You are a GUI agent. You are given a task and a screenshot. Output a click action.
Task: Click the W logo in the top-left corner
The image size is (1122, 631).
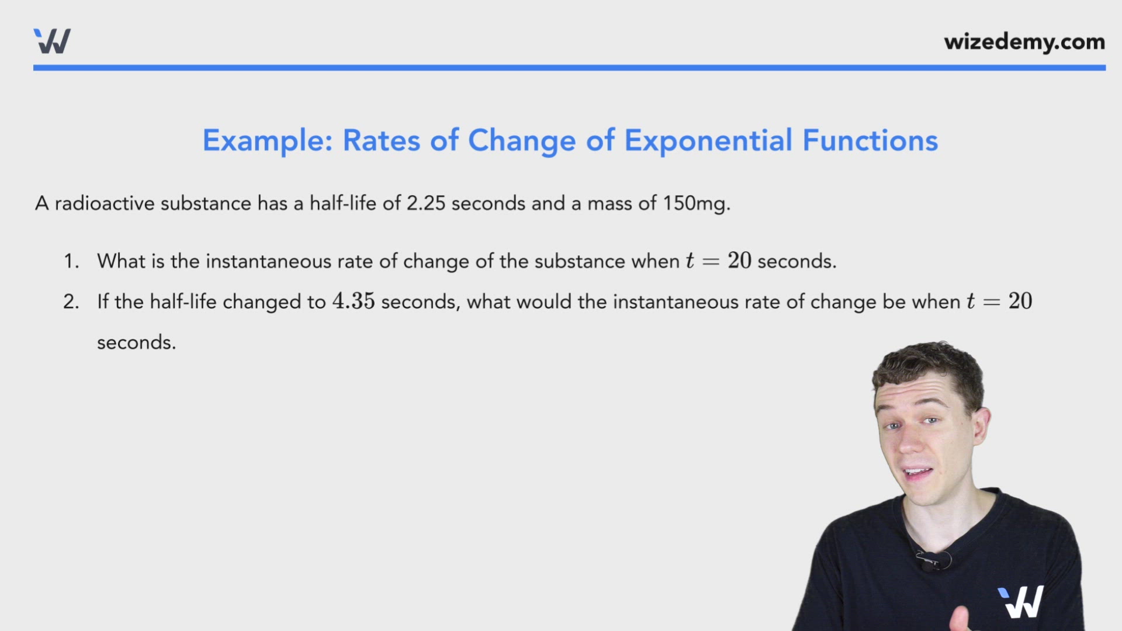52,41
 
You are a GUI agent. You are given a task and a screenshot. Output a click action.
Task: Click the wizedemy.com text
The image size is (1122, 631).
1024,41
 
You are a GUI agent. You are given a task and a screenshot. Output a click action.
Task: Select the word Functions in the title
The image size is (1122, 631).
870,141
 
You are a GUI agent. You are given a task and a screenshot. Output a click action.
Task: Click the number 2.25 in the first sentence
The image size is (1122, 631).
425,203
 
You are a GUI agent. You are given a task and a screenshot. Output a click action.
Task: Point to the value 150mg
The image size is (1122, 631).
695,203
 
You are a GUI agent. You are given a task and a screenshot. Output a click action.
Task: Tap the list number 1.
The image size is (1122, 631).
71,261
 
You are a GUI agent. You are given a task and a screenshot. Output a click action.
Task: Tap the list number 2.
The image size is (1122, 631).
71,302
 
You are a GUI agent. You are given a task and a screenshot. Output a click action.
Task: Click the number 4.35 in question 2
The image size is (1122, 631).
353,301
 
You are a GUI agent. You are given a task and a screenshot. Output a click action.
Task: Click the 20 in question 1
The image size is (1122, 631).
739,261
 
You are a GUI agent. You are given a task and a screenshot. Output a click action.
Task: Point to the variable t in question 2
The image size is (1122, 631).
971,301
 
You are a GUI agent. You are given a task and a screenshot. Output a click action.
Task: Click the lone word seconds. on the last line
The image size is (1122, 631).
136,342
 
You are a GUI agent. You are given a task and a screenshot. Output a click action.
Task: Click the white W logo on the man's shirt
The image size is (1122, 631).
1021,602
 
